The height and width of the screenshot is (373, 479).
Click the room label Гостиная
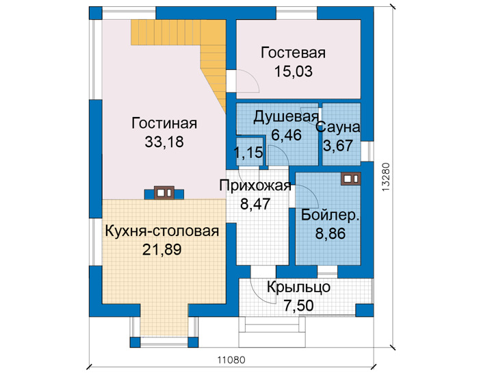[x=164, y=123]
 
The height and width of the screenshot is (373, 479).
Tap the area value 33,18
[x=164, y=142]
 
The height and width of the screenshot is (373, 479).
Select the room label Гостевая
[x=293, y=53]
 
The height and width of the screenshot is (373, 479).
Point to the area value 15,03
[x=294, y=71]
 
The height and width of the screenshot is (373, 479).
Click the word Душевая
[x=286, y=116]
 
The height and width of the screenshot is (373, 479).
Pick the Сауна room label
[x=338, y=127]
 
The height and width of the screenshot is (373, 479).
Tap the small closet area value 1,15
[x=248, y=152]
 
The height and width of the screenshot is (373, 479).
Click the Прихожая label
[x=255, y=185]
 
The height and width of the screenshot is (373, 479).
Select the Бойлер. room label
[x=331, y=215]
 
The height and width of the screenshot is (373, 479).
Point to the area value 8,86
[x=331, y=233]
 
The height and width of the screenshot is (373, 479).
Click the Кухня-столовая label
[x=162, y=231]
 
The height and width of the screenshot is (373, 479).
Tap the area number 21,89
[x=162, y=250]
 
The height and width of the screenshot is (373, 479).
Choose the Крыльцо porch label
[x=298, y=287]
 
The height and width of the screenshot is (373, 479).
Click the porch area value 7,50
[x=298, y=305]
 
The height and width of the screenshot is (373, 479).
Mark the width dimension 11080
[x=231, y=360]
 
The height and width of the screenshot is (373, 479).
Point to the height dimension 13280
[x=386, y=177]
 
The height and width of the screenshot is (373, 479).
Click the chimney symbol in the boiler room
[x=350, y=179]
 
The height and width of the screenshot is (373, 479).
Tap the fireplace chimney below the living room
[x=164, y=193]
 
